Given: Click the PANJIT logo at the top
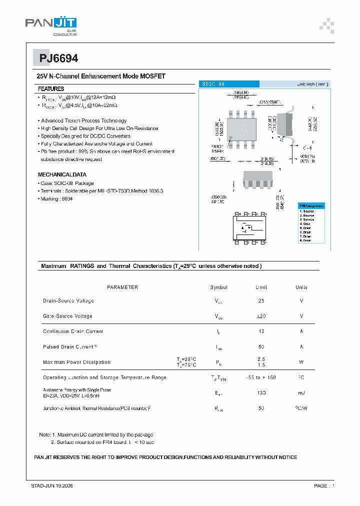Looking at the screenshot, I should (x=51, y=24).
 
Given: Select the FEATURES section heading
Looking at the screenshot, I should (x=51, y=88).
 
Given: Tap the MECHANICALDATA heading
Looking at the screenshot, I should (x=62, y=175).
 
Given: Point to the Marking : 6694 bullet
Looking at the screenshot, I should (x=56, y=199).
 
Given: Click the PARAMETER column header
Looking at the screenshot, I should (x=122, y=287).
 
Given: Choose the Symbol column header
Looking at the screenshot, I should (x=218, y=287).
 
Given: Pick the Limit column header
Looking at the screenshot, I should (x=261, y=287).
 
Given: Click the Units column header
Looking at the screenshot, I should (x=301, y=287).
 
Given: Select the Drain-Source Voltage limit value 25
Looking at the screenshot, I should (x=261, y=301).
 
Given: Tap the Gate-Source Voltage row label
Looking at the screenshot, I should (x=68, y=316).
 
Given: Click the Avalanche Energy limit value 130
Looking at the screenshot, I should (x=261, y=393).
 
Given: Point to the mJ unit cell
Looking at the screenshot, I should (x=301, y=393).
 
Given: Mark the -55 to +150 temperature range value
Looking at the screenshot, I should (x=261, y=377).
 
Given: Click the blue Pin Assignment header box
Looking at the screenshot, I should (x=311, y=206).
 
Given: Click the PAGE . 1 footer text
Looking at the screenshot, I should (x=324, y=485).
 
